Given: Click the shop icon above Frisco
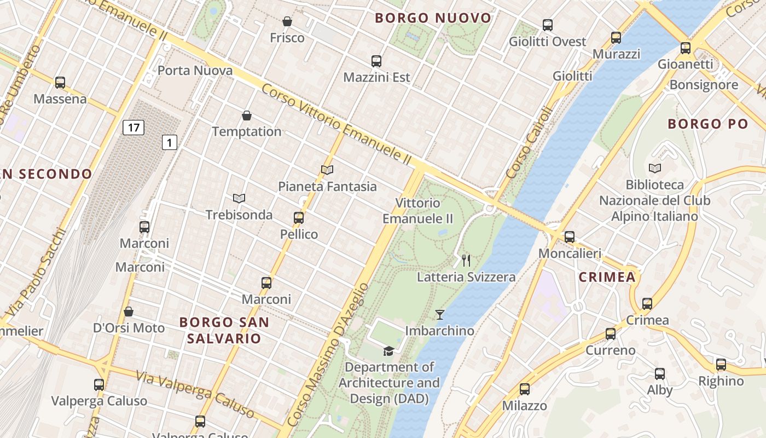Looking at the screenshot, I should point(287,22).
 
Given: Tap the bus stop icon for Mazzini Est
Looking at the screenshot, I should point(376,61).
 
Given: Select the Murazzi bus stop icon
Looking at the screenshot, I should point(616,38).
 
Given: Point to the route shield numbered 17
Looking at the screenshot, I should point(133,128).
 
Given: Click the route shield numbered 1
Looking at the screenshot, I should point(170,143).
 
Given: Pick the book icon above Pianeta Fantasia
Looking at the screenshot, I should point(327,170).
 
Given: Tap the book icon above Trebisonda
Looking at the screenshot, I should point(239,198).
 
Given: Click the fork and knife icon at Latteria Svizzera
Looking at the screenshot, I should point(466,261).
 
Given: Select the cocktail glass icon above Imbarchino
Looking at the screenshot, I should point(440,315).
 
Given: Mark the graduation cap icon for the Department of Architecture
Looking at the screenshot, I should point(388,351).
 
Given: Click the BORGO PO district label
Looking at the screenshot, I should point(703,124).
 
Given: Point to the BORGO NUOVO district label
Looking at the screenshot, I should point(433,18).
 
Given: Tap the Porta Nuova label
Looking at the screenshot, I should point(195,71).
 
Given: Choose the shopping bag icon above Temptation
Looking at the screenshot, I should point(247,116).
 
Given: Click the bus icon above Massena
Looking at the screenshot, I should point(60,83).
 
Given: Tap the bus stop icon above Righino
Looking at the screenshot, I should point(721,365).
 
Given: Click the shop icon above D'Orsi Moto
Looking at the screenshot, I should point(129,312).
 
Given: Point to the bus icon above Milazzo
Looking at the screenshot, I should point(525,389).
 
